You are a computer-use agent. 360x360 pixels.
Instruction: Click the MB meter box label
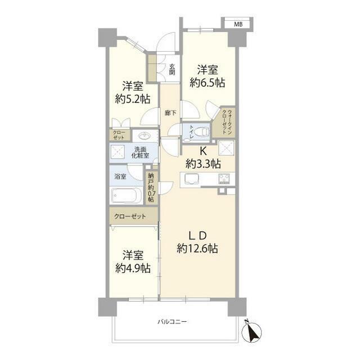coord(238,24)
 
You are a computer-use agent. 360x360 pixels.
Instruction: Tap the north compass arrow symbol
coord(251,331)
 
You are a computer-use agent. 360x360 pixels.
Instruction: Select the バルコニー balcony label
coord(172,321)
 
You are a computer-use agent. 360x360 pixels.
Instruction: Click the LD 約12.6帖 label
coord(197,242)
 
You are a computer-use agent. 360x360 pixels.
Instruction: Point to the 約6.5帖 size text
coord(207,83)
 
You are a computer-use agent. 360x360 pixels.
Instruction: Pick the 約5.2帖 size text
coord(133,99)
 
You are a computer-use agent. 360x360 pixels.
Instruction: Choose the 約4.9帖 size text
coord(133,268)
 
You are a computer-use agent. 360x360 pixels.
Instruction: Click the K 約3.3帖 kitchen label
coord(203,158)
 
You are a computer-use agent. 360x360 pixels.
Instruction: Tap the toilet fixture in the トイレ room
coord(202,132)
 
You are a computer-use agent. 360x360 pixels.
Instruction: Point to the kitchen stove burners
coord(224,179)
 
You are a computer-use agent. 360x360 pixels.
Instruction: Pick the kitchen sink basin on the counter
coord(191,178)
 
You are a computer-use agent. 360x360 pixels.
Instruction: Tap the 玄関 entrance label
coord(172,69)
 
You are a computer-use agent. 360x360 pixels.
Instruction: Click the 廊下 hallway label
coord(170,112)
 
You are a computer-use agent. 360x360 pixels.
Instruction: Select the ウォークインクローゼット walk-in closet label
coord(227,123)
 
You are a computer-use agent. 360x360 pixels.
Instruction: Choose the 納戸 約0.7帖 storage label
coord(151,188)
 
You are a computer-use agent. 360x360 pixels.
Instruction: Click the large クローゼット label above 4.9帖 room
coord(130,216)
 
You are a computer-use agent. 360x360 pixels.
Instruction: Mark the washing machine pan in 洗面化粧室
coord(118,151)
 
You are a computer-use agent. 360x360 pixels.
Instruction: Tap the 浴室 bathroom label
coord(120,177)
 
